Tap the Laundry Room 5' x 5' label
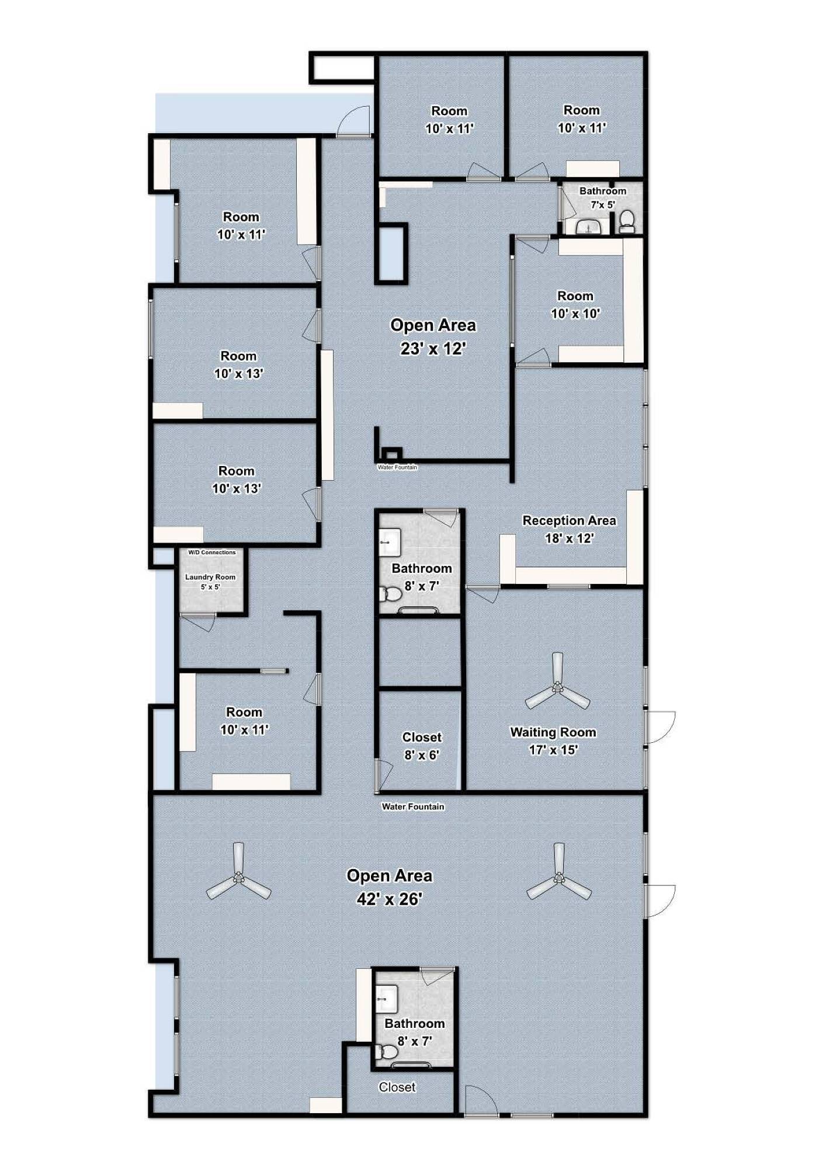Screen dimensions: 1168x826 pyautogui.click(x=210, y=582)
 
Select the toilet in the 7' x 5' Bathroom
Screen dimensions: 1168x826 pyautogui.click(x=627, y=221)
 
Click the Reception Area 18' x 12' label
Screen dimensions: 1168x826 pyautogui.click(x=569, y=529)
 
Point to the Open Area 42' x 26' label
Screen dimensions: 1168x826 pyautogui.click(x=389, y=887)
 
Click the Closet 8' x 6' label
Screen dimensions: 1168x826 pyautogui.click(x=421, y=746)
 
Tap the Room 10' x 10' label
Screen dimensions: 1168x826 pyautogui.click(x=575, y=304)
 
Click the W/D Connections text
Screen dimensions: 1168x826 pyautogui.click(x=211, y=552)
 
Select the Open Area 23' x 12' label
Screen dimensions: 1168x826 pyautogui.click(x=433, y=336)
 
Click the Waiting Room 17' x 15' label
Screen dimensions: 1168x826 pyautogui.click(x=553, y=741)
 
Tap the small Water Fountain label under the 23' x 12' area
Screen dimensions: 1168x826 pyautogui.click(x=397, y=467)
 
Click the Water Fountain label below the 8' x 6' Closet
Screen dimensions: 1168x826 pyautogui.click(x=413, y=807)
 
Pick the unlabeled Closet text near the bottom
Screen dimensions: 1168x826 pyautogui.click(x=397, y=1087)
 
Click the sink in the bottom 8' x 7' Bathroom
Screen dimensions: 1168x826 pyautogui.click(x=387, y=999)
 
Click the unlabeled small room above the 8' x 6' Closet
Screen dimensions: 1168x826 pyautogui.click(x=420, y=651)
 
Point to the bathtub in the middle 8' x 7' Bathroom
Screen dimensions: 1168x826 pyautogui.click(x=418, y=610)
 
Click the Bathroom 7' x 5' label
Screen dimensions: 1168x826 pyautogui.click(x=602, y=197)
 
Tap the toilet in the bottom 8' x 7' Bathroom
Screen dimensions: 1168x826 pyautogui.click(x=387, y=1052)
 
